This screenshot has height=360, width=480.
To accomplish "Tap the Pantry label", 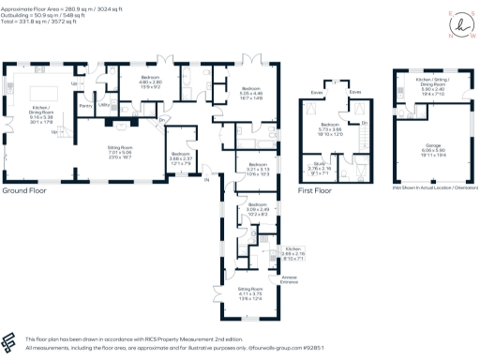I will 86,106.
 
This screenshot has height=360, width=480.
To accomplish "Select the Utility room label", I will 104,106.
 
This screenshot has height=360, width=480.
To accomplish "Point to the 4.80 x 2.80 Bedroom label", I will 152,82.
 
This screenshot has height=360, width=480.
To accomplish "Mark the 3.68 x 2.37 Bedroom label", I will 181,158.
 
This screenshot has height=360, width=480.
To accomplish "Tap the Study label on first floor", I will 320,170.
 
